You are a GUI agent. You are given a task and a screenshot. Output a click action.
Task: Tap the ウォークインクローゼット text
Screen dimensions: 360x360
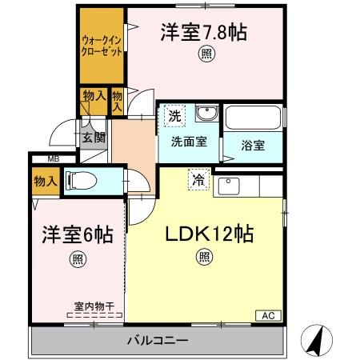pyautogui.click(x=100, y=43)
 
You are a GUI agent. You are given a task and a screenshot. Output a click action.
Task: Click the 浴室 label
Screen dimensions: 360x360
pyautogui.click(x=254, y=146)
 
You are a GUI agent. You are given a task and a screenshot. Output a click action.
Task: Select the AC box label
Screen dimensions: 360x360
pyautogui.click(x=266, y=315)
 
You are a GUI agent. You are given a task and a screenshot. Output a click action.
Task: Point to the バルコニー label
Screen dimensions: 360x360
pyautogui.click(x=158, y=342)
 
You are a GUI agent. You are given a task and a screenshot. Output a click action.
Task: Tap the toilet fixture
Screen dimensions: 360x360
pyautogui.click(x=81, y=181)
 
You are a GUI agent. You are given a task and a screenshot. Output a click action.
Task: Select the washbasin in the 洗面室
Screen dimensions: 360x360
pyautogui.click(x=206, y=114)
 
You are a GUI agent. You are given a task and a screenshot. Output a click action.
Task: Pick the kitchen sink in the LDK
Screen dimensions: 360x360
pyautogui.click(x=229, y=187)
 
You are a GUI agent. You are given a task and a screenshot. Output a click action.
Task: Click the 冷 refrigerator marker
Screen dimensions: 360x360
pyautogui.click(x=198, y=181)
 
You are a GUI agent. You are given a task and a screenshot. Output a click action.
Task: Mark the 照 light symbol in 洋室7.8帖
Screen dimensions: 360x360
pyautogui.click(x=206, y=55)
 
